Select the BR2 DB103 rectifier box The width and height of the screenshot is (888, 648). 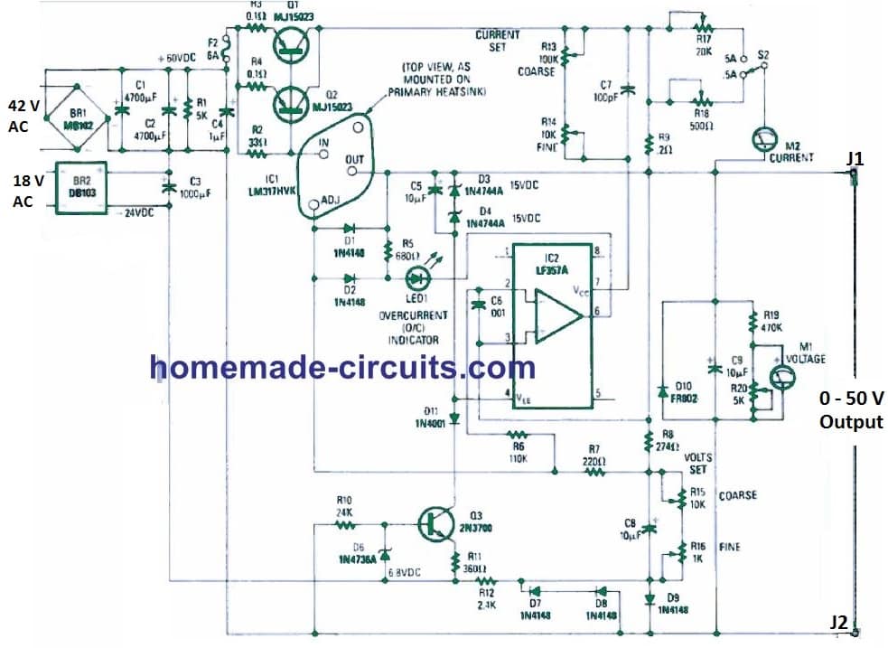tap(81, 187)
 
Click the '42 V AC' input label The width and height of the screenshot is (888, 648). tap(24, 116)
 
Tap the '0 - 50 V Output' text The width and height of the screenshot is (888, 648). tap(850, 409)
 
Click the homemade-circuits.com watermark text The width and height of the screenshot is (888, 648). tap(342, 367)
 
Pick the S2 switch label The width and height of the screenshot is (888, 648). tap(763, 54)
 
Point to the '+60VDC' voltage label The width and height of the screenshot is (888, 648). tap(177, 58)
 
